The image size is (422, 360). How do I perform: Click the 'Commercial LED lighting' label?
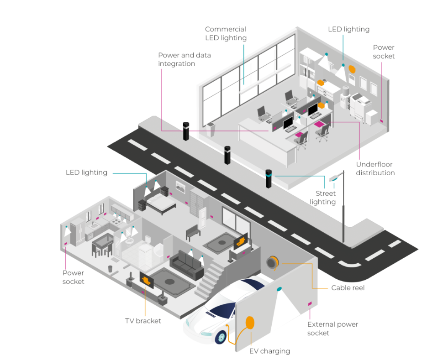coord(226,33)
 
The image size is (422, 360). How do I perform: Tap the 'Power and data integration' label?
coord(185,59)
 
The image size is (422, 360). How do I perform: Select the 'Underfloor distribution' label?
coord(375,168)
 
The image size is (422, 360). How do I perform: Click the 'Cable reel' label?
coord(348,288)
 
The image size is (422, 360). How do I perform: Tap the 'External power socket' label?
coord(332,329)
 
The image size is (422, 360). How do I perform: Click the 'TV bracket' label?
coord(143,321)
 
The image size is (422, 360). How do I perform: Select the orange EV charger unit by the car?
coord(250,323)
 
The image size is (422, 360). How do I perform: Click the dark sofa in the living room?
coord(186,265)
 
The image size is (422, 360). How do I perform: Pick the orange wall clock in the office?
coord(352,69)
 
